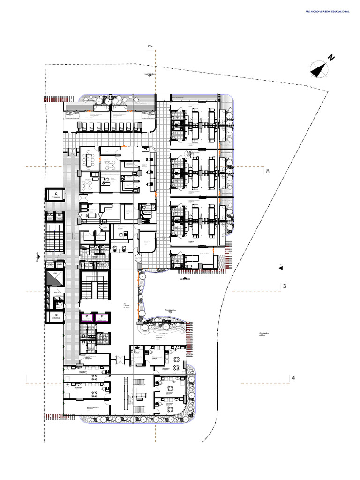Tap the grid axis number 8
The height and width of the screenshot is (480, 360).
(268, 172)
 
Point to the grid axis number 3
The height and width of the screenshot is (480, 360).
(285, 286)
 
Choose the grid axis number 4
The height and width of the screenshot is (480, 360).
(293, 378)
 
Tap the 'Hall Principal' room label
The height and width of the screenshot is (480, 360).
(126, 305)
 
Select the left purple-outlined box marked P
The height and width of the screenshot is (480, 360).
(87, 318)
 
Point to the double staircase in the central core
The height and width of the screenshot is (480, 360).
(95, 287)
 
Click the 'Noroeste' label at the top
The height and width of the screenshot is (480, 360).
(150, 74)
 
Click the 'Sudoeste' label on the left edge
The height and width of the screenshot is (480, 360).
(37, 257)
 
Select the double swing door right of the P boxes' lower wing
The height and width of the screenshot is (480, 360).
(119, 360)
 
